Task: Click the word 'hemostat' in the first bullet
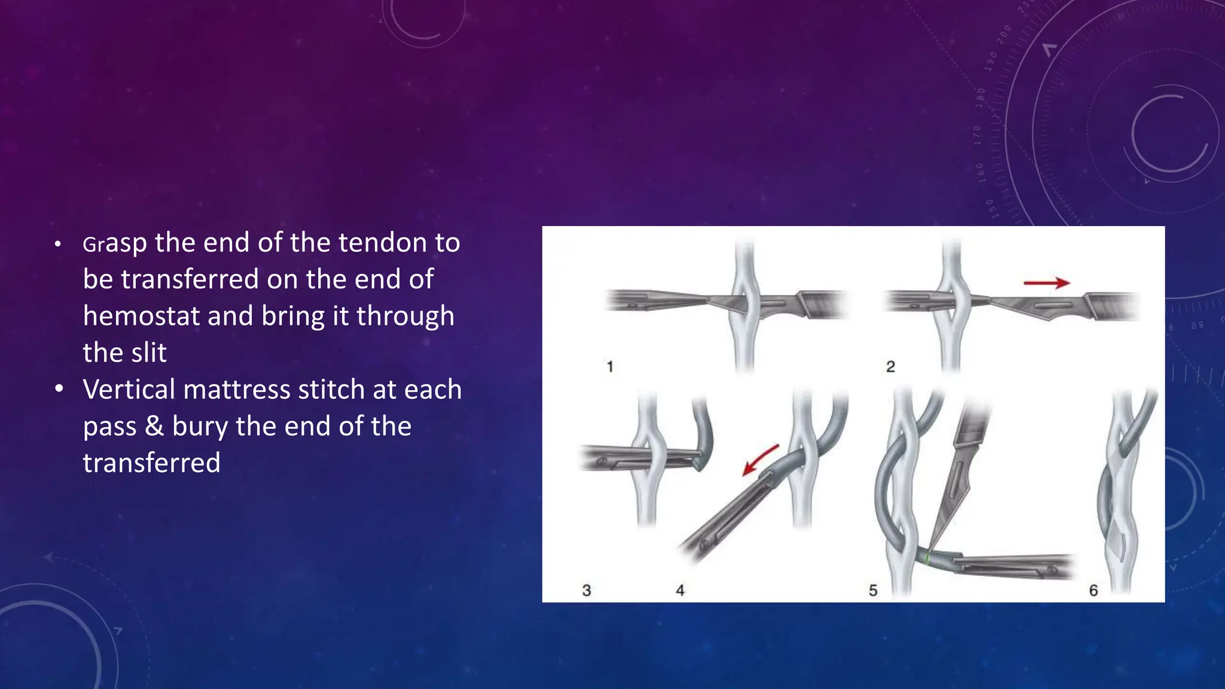(x=141, y=316)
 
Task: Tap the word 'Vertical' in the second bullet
(x=129, y=389)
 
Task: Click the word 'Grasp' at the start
(x=114, y=243)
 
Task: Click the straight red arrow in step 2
(x=1046, y=282)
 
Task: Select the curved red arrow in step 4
(x=759, y=459)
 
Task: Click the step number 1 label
(x=610, y=366)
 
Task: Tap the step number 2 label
(x=890, y=366)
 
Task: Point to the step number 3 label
(x=586, y=590)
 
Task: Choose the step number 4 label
(x=680, y=590)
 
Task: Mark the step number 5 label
(x=873, y=590)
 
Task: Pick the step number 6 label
(x=1093, y=590)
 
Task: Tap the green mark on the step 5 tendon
(x=927, y=558)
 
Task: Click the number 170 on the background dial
(x=976, y=136)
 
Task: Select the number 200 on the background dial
(x=1004, y=35)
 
